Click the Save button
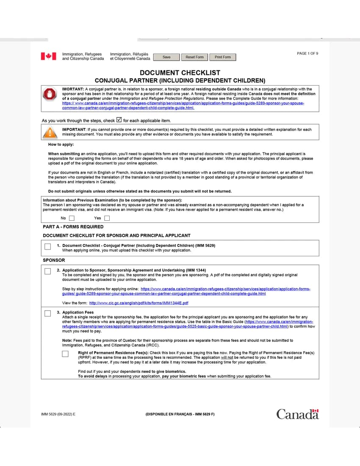click(166, 57)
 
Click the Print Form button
click(223, 57)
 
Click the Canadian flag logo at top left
click(48, 56)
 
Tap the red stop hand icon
click(50, 94)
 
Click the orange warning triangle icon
click(50, 133)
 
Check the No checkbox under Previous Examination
click(72, 219)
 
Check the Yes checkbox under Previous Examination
click(107, 219)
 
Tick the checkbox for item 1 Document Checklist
click(47, 247)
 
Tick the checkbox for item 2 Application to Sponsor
click(47, 271)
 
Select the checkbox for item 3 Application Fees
click(47, 313)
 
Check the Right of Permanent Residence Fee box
click(65, 354)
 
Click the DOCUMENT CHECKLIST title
click(180, 72)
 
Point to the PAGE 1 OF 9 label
click(307, 53)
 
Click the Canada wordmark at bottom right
click(297, 414)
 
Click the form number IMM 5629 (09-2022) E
click(58, 414)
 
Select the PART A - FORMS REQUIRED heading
click(73, 227)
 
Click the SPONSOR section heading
click(54, 260)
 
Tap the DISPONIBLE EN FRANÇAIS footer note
click(180, 414)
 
